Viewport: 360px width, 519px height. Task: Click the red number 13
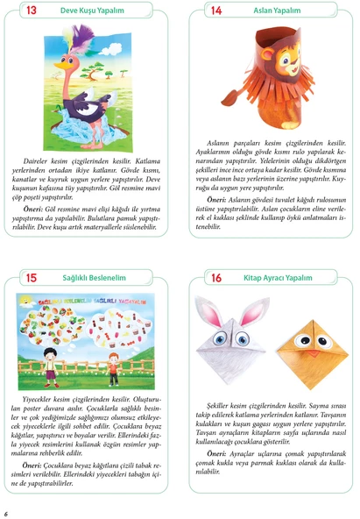pyautogui.click(x=32, y=11)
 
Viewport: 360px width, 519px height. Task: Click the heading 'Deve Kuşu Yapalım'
pyautogui.click(x=94, y=11)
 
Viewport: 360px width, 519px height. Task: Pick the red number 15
pyautogui.click(x=32, y=278)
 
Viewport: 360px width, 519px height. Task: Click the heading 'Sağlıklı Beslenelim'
pyautogui.click(x=96, y=278)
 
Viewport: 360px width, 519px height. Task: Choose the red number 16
pyautogui.click(x=216, y=278)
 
